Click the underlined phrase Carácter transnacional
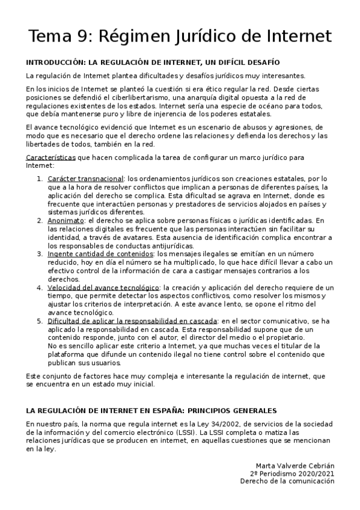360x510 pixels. pos(85,179)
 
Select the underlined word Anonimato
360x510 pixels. pos(66,221)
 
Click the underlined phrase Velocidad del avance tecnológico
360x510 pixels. pos(103,288)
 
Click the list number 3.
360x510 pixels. pos(39,254)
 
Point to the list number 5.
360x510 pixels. pos(39,321)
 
